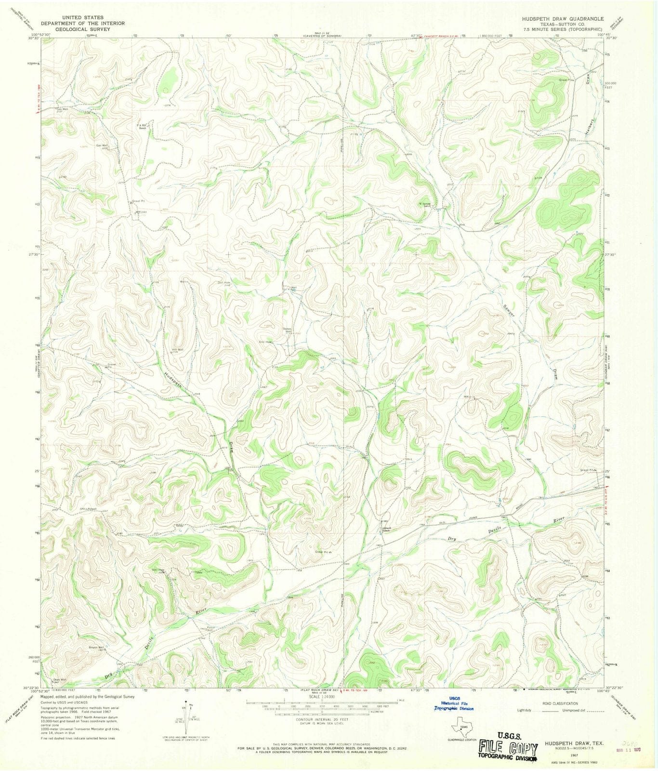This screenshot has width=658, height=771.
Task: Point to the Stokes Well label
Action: pyautogui.click(x=288, y=330)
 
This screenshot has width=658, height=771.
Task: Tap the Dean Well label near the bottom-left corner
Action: pyautogui.click(x=59, y=680)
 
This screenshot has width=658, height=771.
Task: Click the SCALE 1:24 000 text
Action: pyautogui.click(x=322, y=696)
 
